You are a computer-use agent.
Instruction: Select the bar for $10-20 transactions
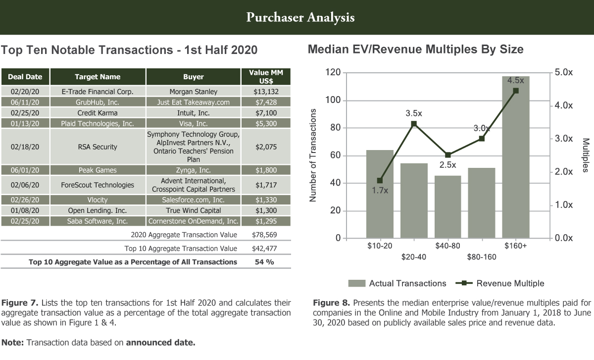click(x=380, y=194)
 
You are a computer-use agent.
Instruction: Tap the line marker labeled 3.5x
click(x=414, y=124)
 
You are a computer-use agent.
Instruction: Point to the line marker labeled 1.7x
click(x=380, y=180)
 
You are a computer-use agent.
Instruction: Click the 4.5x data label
click(x=515, y=80)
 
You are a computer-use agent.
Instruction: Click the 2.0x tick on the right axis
click(x=563, y=172)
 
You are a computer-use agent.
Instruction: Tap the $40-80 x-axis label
click(x=447, y=246)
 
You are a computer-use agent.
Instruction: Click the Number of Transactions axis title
click(x=313, y=155)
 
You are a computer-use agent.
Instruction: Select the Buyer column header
click(x=193, y=77)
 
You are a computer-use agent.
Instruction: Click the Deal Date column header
click(x=25, y=77)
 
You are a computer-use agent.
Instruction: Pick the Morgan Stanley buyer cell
click(x=193, y=92)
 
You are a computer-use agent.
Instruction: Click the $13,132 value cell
click(x=266, y=92)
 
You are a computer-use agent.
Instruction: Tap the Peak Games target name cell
click(x=98, y=170)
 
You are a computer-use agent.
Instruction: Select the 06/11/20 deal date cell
click(x=25, y=102)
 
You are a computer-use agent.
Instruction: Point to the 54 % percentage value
click(x=264, y=262)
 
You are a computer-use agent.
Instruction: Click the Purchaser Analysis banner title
click(x=300, y=18)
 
